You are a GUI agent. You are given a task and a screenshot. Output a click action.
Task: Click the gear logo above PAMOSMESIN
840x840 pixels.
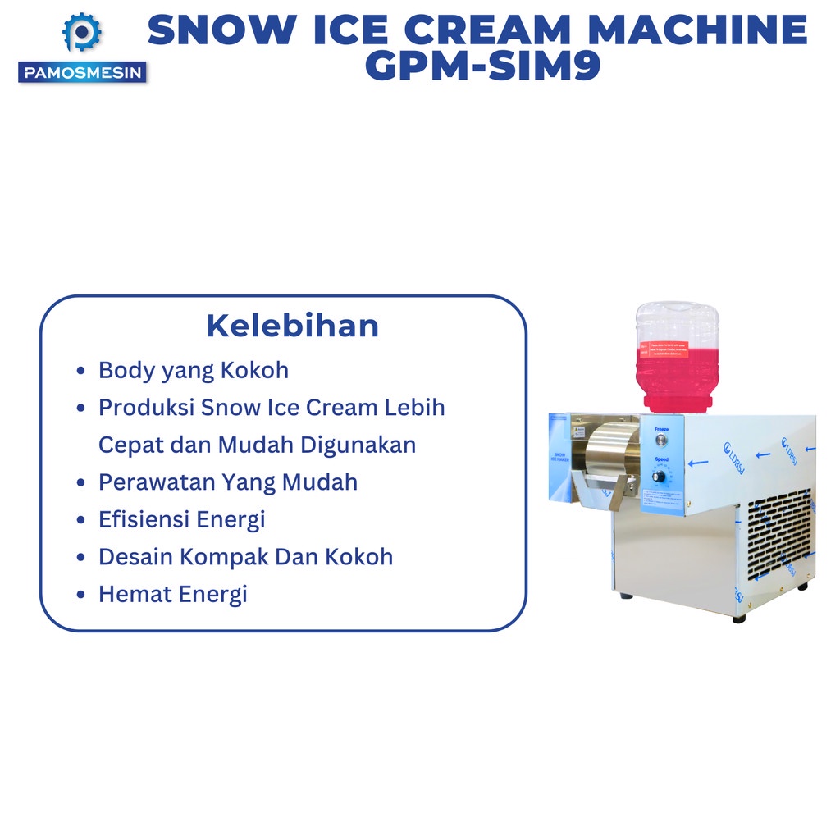click(82, 34)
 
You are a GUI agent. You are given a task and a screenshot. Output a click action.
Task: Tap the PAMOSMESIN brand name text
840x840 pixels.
click(82, 73)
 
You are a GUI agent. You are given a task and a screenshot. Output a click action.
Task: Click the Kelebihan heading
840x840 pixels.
click(292, 326)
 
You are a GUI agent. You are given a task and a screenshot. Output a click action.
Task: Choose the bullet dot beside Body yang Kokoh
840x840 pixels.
click(80, 371)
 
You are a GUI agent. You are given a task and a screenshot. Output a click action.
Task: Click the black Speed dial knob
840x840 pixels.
click(660, 476)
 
